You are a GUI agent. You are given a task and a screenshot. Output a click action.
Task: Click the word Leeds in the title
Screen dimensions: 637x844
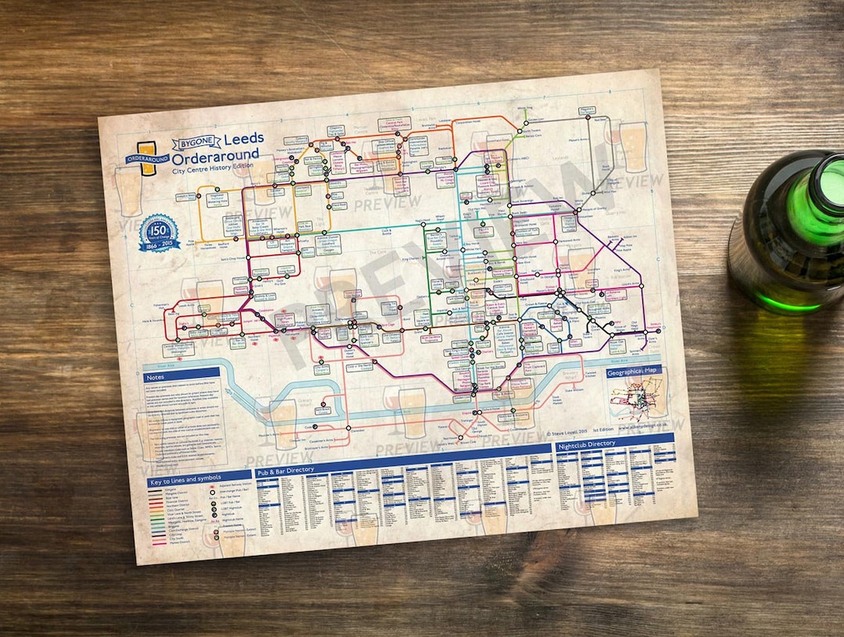(244, 139)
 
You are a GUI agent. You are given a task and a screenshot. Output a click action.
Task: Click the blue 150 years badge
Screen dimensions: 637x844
(159, 233)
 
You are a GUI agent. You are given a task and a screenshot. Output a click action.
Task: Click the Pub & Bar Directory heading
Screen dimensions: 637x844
(285, 470)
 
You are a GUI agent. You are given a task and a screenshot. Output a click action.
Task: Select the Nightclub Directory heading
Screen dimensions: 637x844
(586, 444)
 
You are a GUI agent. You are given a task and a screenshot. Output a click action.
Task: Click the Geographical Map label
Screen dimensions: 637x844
(633, 372)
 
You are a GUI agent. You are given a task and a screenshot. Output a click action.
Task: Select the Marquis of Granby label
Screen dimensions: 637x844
(591, 208)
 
